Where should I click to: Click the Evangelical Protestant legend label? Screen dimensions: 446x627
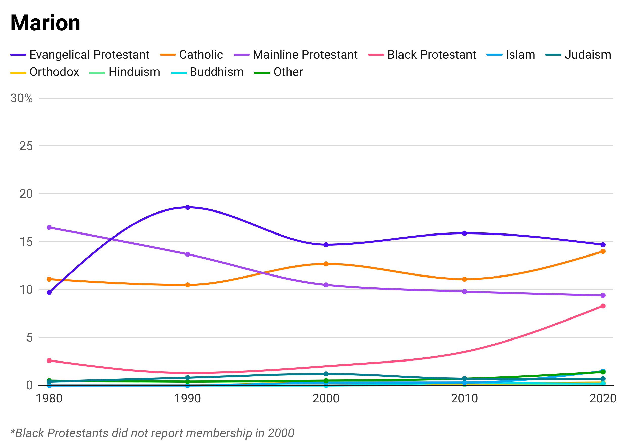point(91,55)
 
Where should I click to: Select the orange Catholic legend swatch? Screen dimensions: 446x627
point(165,54)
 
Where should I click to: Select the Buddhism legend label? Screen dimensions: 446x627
point(217,72)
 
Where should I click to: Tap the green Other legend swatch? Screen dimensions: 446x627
point(260,72)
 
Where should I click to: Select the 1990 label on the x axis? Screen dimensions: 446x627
point(188,397)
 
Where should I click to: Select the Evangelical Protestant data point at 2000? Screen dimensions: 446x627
point(326,244)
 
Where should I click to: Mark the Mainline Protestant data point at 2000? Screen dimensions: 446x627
point(326,286)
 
